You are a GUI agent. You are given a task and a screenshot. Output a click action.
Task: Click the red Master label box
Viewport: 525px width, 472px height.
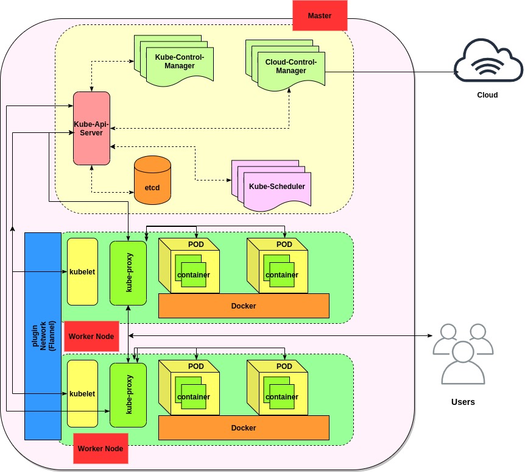click(320, 16)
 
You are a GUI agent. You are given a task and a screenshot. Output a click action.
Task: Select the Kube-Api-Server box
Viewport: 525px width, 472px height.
click(92, 128)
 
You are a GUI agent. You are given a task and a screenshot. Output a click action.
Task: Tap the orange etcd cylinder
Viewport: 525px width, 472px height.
click(153, 181)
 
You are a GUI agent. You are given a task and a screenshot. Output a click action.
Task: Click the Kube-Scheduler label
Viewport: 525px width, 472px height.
click(277, 187)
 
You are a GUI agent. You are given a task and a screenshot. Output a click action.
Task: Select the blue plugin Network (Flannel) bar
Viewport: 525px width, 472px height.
click(43, 335)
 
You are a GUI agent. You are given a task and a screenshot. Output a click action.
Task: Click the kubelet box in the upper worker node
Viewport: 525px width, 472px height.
click(82, 271)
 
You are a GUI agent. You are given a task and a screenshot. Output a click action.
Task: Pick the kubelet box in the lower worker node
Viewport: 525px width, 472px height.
click(82, 393)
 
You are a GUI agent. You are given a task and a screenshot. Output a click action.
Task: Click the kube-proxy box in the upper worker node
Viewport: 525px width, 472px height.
click(128, 273)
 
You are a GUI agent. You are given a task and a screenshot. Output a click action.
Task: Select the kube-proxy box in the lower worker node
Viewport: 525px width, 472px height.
click(128, 395)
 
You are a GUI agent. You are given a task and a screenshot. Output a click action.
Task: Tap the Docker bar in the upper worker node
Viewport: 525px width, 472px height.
click(244, 306)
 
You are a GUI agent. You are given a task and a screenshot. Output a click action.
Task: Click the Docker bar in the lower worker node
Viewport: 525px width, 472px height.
click(244, 427)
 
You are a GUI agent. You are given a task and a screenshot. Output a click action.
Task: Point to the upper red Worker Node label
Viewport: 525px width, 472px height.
click(91, 336)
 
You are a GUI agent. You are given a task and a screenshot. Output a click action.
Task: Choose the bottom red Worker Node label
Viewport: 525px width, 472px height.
click(100, 448)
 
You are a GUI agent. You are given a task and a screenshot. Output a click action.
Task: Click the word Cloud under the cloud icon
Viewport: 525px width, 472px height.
click(487, 95)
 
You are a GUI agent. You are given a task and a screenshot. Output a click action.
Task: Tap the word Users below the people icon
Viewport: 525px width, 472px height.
click(463, 402)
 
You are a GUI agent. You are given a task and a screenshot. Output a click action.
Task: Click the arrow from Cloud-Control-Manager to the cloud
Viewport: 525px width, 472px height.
click(390, 72)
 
